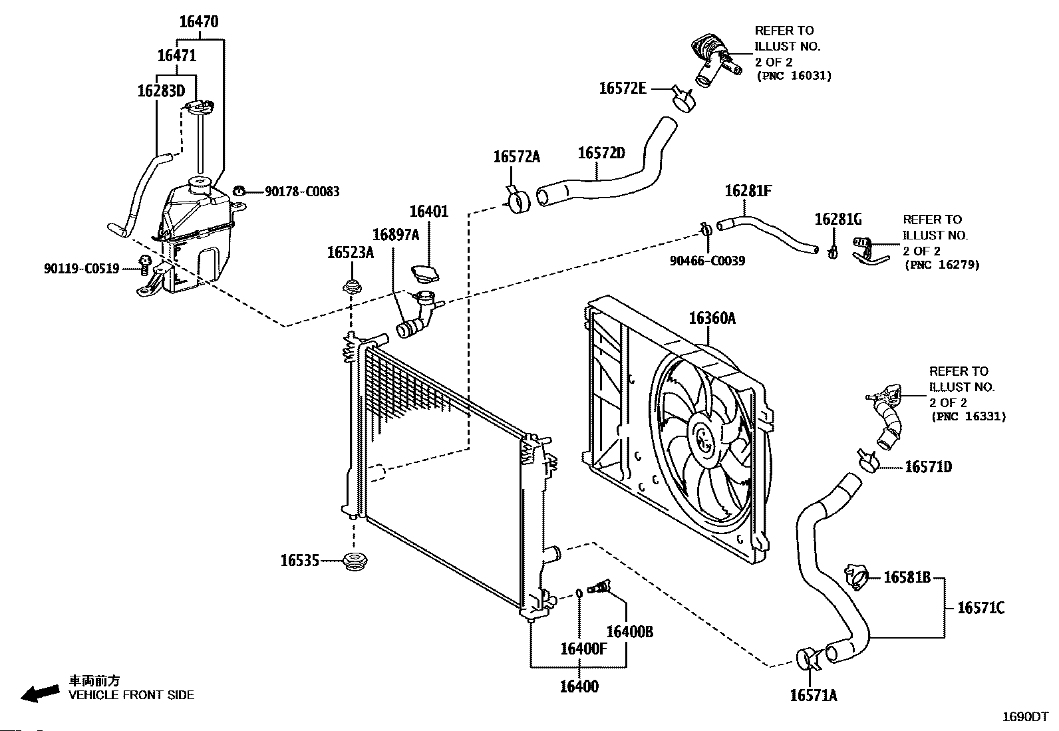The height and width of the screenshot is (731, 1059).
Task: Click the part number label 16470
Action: tap(198, 22)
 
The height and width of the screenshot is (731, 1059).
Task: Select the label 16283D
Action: tap(160, 90)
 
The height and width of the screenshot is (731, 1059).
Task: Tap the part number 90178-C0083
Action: tap(302, 192)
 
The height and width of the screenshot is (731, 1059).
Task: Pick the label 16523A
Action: tap(350, 252)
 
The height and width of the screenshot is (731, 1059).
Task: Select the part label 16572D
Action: tap(601, 153)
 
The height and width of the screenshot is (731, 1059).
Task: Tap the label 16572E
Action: tap(622, 88)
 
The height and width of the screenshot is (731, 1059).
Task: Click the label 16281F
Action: tap(748, 191)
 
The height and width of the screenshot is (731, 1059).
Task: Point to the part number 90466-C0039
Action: tap(707, 261)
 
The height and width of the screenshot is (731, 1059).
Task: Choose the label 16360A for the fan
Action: tap(712, 318)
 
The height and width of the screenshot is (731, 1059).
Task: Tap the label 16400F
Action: tap(583, 648)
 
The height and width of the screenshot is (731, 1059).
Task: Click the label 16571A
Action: tap(813, 696)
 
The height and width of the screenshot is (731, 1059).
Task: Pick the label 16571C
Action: tap(981, 607)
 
